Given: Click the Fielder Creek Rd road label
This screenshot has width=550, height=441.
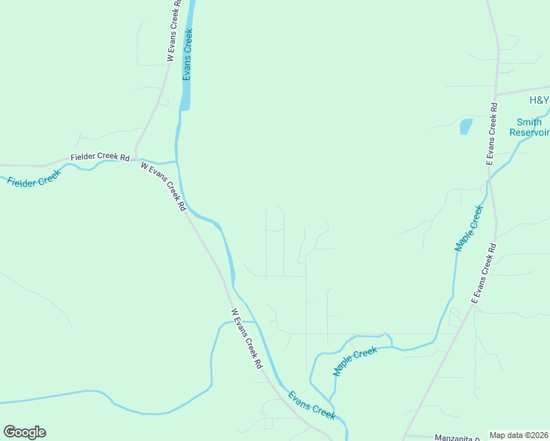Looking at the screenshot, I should [100, 158].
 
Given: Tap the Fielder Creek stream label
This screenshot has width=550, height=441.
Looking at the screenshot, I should [33, 177].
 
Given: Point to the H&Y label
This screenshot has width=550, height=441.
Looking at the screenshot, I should [539, 100].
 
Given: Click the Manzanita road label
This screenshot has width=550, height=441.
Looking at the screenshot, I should [457, 437].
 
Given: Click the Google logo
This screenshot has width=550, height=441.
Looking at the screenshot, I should [24, 431].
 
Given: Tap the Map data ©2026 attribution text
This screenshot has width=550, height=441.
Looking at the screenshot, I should [518, 435].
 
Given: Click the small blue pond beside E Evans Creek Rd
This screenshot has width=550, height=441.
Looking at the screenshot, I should [465, 126].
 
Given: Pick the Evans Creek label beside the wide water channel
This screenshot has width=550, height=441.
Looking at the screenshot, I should [188, 54].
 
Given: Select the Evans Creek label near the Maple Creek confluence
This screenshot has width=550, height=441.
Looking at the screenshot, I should [312, 405].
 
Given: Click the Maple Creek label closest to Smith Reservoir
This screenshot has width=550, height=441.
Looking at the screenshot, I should [469, 229].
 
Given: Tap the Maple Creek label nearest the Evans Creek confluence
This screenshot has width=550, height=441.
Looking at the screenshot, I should [355, 362].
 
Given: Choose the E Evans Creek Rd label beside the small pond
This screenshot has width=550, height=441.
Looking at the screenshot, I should [491, 133].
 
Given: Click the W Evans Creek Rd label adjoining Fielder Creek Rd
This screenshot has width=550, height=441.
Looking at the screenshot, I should [163, 187].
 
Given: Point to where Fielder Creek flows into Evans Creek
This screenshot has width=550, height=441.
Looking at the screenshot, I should [177, 160].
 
